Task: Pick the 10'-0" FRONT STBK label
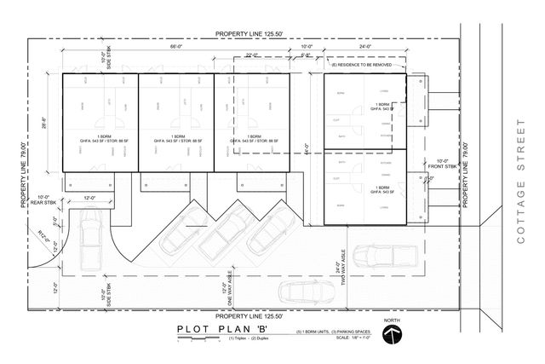tap(443, 165)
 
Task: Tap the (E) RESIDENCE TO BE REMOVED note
tap(367, 64)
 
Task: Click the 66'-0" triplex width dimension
tap(175, 49)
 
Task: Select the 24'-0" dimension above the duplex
tap(364, 49)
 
